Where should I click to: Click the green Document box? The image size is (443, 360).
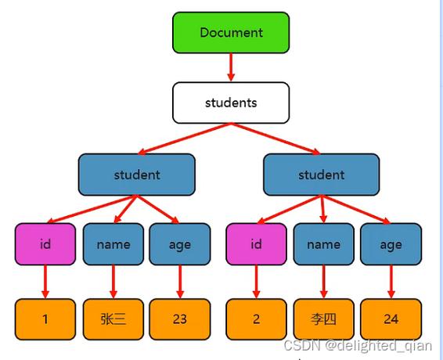[x=231, y=33]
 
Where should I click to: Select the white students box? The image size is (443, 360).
[x=231, y=103]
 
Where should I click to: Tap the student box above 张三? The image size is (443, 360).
[x=136, y=175]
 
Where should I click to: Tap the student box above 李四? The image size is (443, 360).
[x=321, y=175]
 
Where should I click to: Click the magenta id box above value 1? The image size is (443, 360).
[x=45, y=244]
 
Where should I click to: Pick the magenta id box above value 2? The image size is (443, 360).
[x=256, y=244]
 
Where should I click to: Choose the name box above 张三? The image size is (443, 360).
[x=113, y=244]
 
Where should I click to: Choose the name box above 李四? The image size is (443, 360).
[x=323, y=244]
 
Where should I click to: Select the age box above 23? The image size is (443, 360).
[x=179, y=244]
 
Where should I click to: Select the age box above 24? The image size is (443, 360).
[x=391, y=244]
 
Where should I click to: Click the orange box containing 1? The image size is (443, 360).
[x=45, y=319]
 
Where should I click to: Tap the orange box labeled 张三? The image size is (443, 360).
[x=113, y=319]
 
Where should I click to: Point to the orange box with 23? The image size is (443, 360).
[x=179, y=319]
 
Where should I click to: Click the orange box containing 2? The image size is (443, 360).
[x=256, y=319]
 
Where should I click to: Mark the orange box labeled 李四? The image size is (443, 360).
[x=323, y=319]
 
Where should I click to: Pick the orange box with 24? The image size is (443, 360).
[x=391, y=319]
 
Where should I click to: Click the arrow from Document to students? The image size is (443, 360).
[x=231, y=67]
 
